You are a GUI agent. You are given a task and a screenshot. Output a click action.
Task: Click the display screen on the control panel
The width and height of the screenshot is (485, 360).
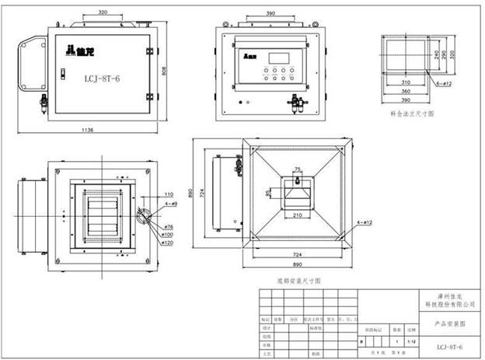pyautogui.click(x=281, y=58)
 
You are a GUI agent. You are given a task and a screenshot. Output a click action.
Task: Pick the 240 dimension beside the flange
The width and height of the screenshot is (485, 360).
pyautogui.click(x=436, y=56)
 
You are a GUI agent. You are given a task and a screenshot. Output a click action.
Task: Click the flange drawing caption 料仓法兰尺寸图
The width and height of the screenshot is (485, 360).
pyautogui.click(x=411, y=114)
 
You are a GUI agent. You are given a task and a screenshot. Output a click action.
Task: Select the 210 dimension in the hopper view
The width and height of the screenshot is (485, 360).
pyautogui.click(x=297, y=215)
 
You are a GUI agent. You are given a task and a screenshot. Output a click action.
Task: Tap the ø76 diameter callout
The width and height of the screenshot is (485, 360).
pyautogui.click(x=166, y=226)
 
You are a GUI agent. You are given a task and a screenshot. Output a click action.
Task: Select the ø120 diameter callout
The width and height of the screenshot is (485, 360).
pyautogui.click(x=167, y=243)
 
